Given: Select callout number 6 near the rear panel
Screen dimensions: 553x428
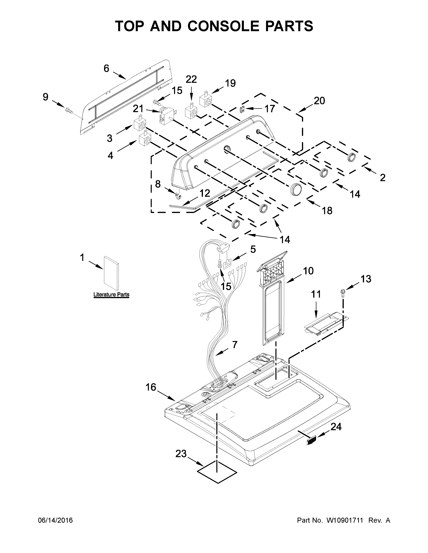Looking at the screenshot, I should [x=106, y=69].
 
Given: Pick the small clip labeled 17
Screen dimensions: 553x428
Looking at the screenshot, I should [x=242, y=109].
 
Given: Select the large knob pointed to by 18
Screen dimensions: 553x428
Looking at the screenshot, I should [x=296, y=189].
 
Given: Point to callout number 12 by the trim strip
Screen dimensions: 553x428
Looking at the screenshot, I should [x=205, y=193].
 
